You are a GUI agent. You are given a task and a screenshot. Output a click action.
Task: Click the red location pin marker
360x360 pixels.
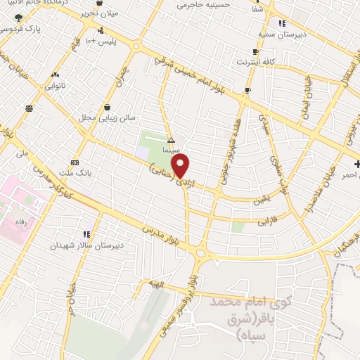(181, 167)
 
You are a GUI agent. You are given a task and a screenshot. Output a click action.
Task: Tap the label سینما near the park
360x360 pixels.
(171, 150)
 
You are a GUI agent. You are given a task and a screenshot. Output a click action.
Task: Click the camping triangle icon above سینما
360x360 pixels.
(171, 140)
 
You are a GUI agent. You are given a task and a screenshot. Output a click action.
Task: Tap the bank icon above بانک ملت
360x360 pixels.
(75, 161)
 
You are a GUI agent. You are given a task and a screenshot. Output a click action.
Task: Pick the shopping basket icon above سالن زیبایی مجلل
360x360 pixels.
(107, 108)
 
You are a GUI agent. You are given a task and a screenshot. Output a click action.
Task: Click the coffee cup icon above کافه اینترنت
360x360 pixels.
(255, 52)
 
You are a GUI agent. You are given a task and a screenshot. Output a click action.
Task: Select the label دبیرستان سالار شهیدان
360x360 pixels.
(85, 245)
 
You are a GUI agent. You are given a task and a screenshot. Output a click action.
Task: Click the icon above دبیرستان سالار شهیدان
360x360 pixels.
(86, 234)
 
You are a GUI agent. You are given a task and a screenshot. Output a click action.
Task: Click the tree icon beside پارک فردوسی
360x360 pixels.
(18, 17)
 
